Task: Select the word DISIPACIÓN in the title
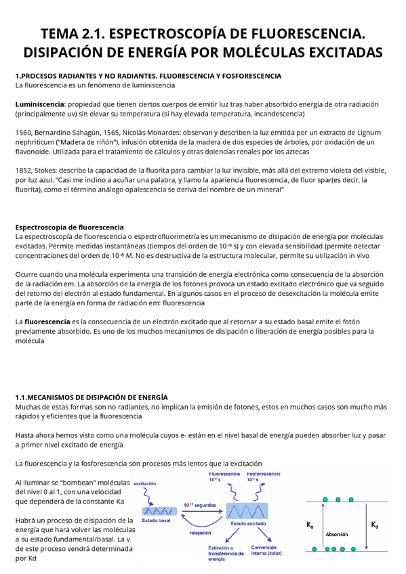coord(71,52)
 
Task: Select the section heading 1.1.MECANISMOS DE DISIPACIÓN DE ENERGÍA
coord(91,397)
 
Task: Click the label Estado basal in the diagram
coord(157,519)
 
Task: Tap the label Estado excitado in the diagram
coord(247,523)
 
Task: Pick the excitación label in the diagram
coord(149,483)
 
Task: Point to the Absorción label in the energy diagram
coord(337,534)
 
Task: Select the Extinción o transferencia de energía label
coord(226,554)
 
